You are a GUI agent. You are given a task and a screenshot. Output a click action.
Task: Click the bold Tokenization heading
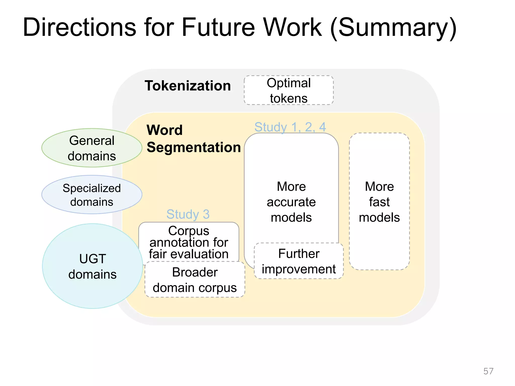coord(188,86)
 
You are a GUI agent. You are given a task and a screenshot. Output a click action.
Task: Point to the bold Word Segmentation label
coord(193,139)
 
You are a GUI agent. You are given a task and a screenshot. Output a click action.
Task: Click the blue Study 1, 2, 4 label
coord(290,127)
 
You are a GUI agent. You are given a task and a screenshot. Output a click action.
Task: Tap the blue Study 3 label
coord(188,214)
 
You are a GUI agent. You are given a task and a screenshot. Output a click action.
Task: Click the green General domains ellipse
coord(92,148)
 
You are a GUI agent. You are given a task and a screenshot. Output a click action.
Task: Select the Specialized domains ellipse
coord(92,195)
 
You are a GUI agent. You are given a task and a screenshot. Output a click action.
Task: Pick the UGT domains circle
coord(93,266)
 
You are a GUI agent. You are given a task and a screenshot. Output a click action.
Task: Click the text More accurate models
coord(291,202)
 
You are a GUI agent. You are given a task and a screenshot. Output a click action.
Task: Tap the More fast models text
coord(379,202)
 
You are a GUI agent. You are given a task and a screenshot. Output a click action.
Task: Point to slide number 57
coord(488,371)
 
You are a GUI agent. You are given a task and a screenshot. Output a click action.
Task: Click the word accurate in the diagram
coord(291,202)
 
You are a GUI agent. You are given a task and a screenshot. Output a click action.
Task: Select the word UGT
coord(93,259)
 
